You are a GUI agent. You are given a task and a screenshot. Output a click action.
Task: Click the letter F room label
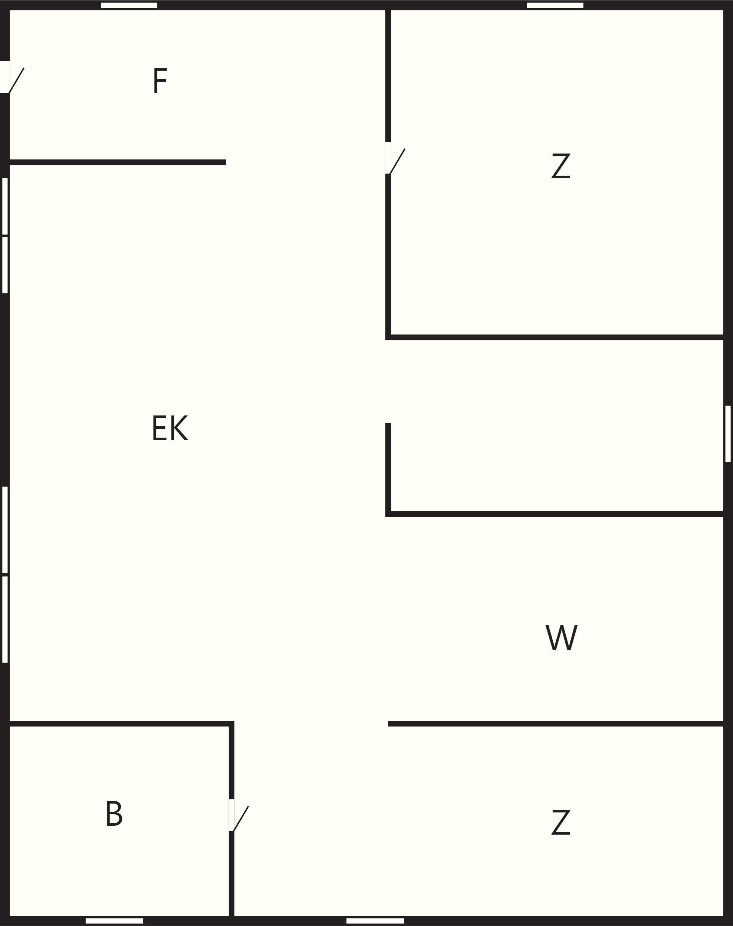coord(160,80)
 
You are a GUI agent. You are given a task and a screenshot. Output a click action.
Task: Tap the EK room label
coord(170,428)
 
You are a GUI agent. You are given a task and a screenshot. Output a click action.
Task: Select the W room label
coord(561,637)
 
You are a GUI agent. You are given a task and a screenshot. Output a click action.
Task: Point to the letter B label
coord(114,813)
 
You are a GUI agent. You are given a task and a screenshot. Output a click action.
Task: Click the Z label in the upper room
coord(561,166)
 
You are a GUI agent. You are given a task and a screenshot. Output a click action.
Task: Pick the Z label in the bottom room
coord(561,822)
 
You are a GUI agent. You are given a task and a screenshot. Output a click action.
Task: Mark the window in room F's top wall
coord(129,5)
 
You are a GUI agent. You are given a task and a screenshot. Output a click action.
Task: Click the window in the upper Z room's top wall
coord(555,5)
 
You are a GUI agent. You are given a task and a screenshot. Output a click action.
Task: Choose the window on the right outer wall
coord(728,434)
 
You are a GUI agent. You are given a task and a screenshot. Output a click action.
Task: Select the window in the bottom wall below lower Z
coord(375,921)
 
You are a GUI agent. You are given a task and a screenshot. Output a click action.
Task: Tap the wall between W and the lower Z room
coord(556,724)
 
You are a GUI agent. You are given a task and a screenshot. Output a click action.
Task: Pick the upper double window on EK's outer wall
coord(5,235)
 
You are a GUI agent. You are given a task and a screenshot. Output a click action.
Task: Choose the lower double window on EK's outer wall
coord(5,574)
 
